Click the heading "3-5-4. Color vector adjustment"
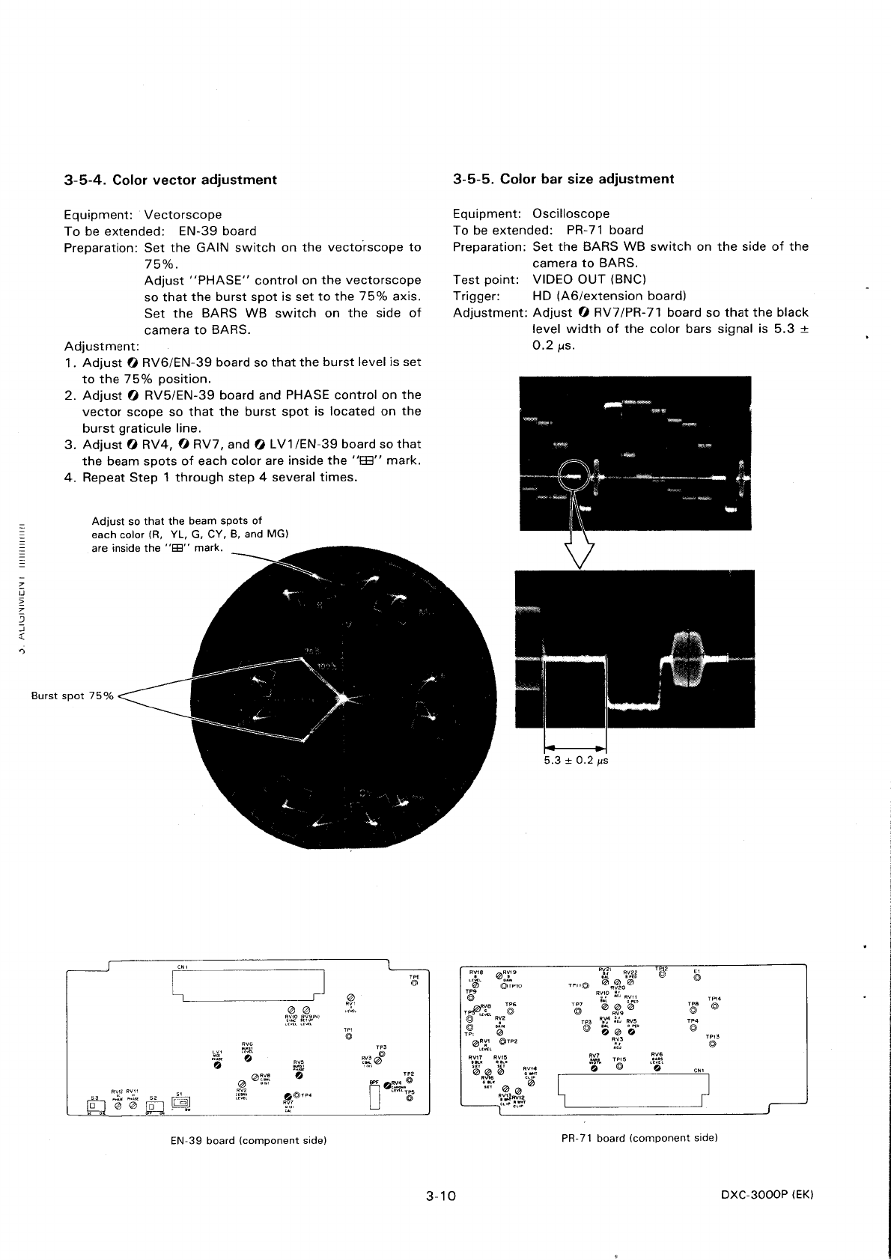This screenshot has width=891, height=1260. pos(170,180)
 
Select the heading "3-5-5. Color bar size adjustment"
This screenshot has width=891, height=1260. pos(563,179)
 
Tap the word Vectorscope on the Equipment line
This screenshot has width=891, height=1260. pos(183,214)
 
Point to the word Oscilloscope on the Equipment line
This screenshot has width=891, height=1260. pos(571,213)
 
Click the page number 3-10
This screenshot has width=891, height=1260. pos(440,1196)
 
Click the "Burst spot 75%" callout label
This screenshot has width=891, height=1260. pos(72,696)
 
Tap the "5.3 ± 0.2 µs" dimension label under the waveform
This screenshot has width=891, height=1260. pos(576,761)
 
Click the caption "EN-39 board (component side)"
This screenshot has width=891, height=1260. pos(248,1140)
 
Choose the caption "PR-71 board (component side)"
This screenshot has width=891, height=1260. pos(639,1138)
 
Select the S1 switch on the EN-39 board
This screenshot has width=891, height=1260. pos(182,1101)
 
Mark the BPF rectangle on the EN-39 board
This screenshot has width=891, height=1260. pos(375,1097)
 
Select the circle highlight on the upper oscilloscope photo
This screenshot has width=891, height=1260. pos(573,473)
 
